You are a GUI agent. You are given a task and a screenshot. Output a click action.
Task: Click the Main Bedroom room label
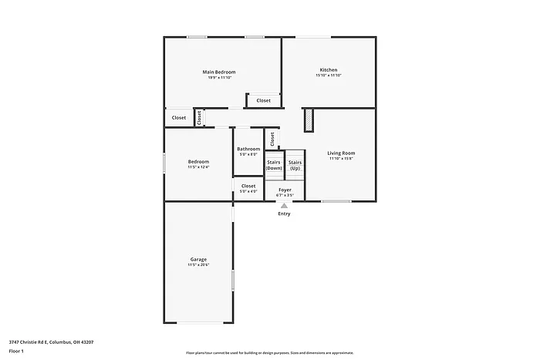(x=219, y=72)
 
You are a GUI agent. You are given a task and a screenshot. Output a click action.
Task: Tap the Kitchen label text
(x=329, y=69)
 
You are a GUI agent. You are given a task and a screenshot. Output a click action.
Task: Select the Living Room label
(x=341, y=153)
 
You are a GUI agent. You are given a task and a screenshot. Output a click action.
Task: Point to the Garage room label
(x=198, y=259)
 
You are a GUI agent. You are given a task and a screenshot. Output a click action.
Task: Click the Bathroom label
(x=248, y=149)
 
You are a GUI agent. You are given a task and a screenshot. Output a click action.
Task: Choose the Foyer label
(x=285, y=189)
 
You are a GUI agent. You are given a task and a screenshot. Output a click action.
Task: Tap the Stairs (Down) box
(x=274, y=165)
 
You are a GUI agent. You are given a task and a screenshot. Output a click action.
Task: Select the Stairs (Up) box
(x=295, y=165)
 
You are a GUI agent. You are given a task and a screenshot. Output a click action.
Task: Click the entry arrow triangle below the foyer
(x=285, y=206)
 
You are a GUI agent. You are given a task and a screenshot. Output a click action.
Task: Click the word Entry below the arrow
(x=285, y=214)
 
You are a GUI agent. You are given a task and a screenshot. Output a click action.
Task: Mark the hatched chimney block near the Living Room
(x=309, y=121)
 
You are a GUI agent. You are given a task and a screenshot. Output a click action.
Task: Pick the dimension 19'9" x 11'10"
(x=219, y=78)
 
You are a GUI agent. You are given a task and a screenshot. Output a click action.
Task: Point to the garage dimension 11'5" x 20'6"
(x=198, y=265)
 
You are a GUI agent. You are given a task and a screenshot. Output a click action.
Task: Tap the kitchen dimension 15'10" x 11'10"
(x=329, y=76)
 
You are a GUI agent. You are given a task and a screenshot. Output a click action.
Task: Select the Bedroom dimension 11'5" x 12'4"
(x=198, y=167)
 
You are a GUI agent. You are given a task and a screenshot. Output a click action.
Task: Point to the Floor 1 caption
(x=17, y=351)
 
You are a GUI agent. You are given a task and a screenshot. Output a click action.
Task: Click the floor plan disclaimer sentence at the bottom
(x=270, y=352)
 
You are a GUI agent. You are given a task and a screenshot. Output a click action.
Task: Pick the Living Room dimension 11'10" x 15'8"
(x=341, y=159)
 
